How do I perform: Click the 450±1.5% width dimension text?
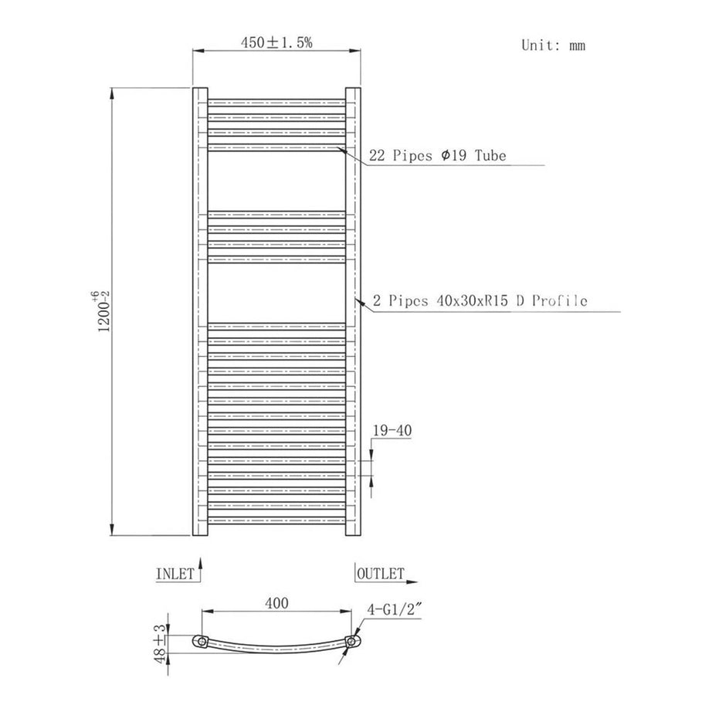point(276,43)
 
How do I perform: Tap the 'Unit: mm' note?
point(553,45)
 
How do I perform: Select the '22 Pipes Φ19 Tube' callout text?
point(437,156)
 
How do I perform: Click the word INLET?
point(175,574)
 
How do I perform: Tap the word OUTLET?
point(381,574)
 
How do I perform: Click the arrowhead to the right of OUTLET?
point(415,578)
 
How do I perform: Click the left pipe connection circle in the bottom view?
point(202,642)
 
